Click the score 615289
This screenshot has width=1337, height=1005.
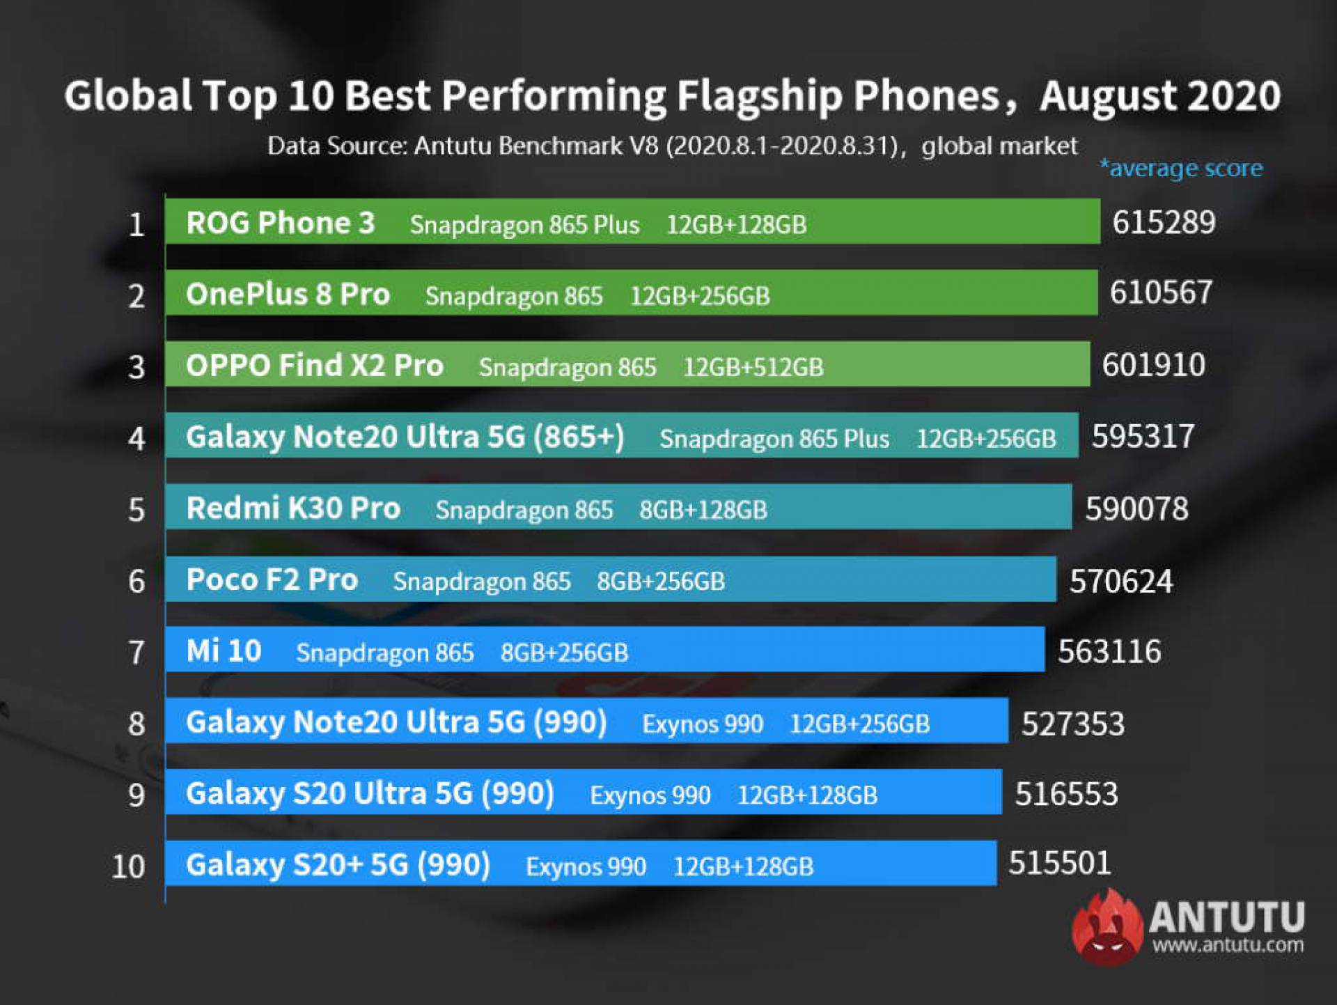(1163, 223)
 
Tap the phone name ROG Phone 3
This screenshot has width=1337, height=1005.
(280, 223)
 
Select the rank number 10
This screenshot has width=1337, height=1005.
(128, 866)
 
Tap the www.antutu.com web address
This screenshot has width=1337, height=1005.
(1228, 946)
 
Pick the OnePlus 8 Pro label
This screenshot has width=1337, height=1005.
(288, 295)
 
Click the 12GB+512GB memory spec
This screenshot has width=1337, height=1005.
(753, 367)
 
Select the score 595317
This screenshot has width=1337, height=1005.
(1143, 437)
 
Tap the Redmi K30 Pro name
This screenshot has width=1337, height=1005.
(293, 508)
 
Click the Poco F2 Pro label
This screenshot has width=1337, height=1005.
(272, 580)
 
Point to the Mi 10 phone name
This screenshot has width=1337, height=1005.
(224, 651)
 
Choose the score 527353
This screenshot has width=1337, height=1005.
(1072, 724)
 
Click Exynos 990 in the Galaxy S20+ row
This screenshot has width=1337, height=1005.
(586, 867)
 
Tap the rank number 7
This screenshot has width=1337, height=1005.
(136, 653)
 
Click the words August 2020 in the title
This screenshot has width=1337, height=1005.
(1159, 95)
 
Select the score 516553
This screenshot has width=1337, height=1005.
(1066, 794)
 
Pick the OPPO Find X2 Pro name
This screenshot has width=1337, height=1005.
(314, 366)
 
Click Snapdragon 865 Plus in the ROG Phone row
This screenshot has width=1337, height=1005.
(524, 225)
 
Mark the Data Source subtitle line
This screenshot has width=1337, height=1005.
(672, 146)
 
